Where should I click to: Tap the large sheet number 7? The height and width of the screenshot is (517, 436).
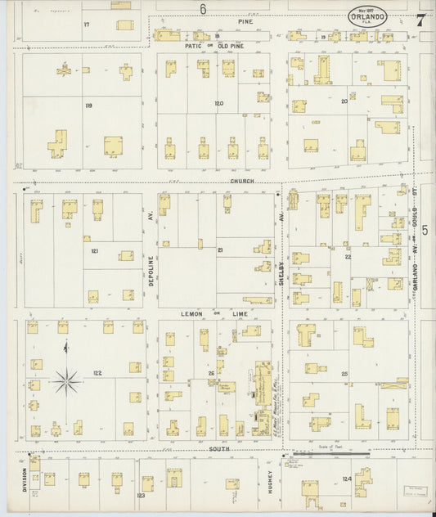(420, 20)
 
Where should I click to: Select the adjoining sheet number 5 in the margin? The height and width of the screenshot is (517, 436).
(426, 242)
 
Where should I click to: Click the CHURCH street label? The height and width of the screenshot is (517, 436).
(241, 181)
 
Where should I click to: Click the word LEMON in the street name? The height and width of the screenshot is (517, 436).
(191, 313)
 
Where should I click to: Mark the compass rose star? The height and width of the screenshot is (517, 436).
(66, 378)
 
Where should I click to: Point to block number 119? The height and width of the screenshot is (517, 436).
(88, 105)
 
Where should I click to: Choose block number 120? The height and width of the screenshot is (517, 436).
(218, 103)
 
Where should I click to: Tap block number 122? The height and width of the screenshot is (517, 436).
(97, 372)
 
